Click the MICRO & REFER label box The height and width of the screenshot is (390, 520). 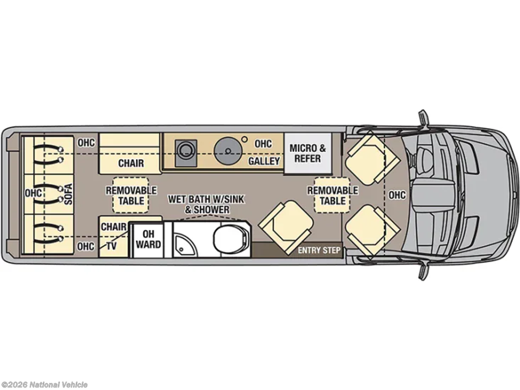click(x=308, y=153)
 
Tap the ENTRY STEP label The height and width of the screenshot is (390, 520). click(x=319, y=250)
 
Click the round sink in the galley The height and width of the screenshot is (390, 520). click(x=226, y=150)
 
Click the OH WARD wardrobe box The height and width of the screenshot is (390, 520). click(x=148, y=239)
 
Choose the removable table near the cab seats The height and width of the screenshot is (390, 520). click(x=333, y=195)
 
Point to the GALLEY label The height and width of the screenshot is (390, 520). click(x=264, y=161)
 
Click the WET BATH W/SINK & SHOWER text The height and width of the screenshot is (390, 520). click(x=206, y=204)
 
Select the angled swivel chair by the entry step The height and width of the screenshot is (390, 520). click(x=285, y=223)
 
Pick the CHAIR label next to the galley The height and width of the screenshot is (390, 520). click(x=131, y=163)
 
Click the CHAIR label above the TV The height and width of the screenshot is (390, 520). click(x=113, y=226)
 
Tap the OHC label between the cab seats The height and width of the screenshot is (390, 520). click(x=397, y=195)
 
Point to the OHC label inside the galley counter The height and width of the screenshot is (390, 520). click(x=263, y=144)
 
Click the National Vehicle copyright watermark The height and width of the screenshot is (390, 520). click(x=45, y=384)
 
